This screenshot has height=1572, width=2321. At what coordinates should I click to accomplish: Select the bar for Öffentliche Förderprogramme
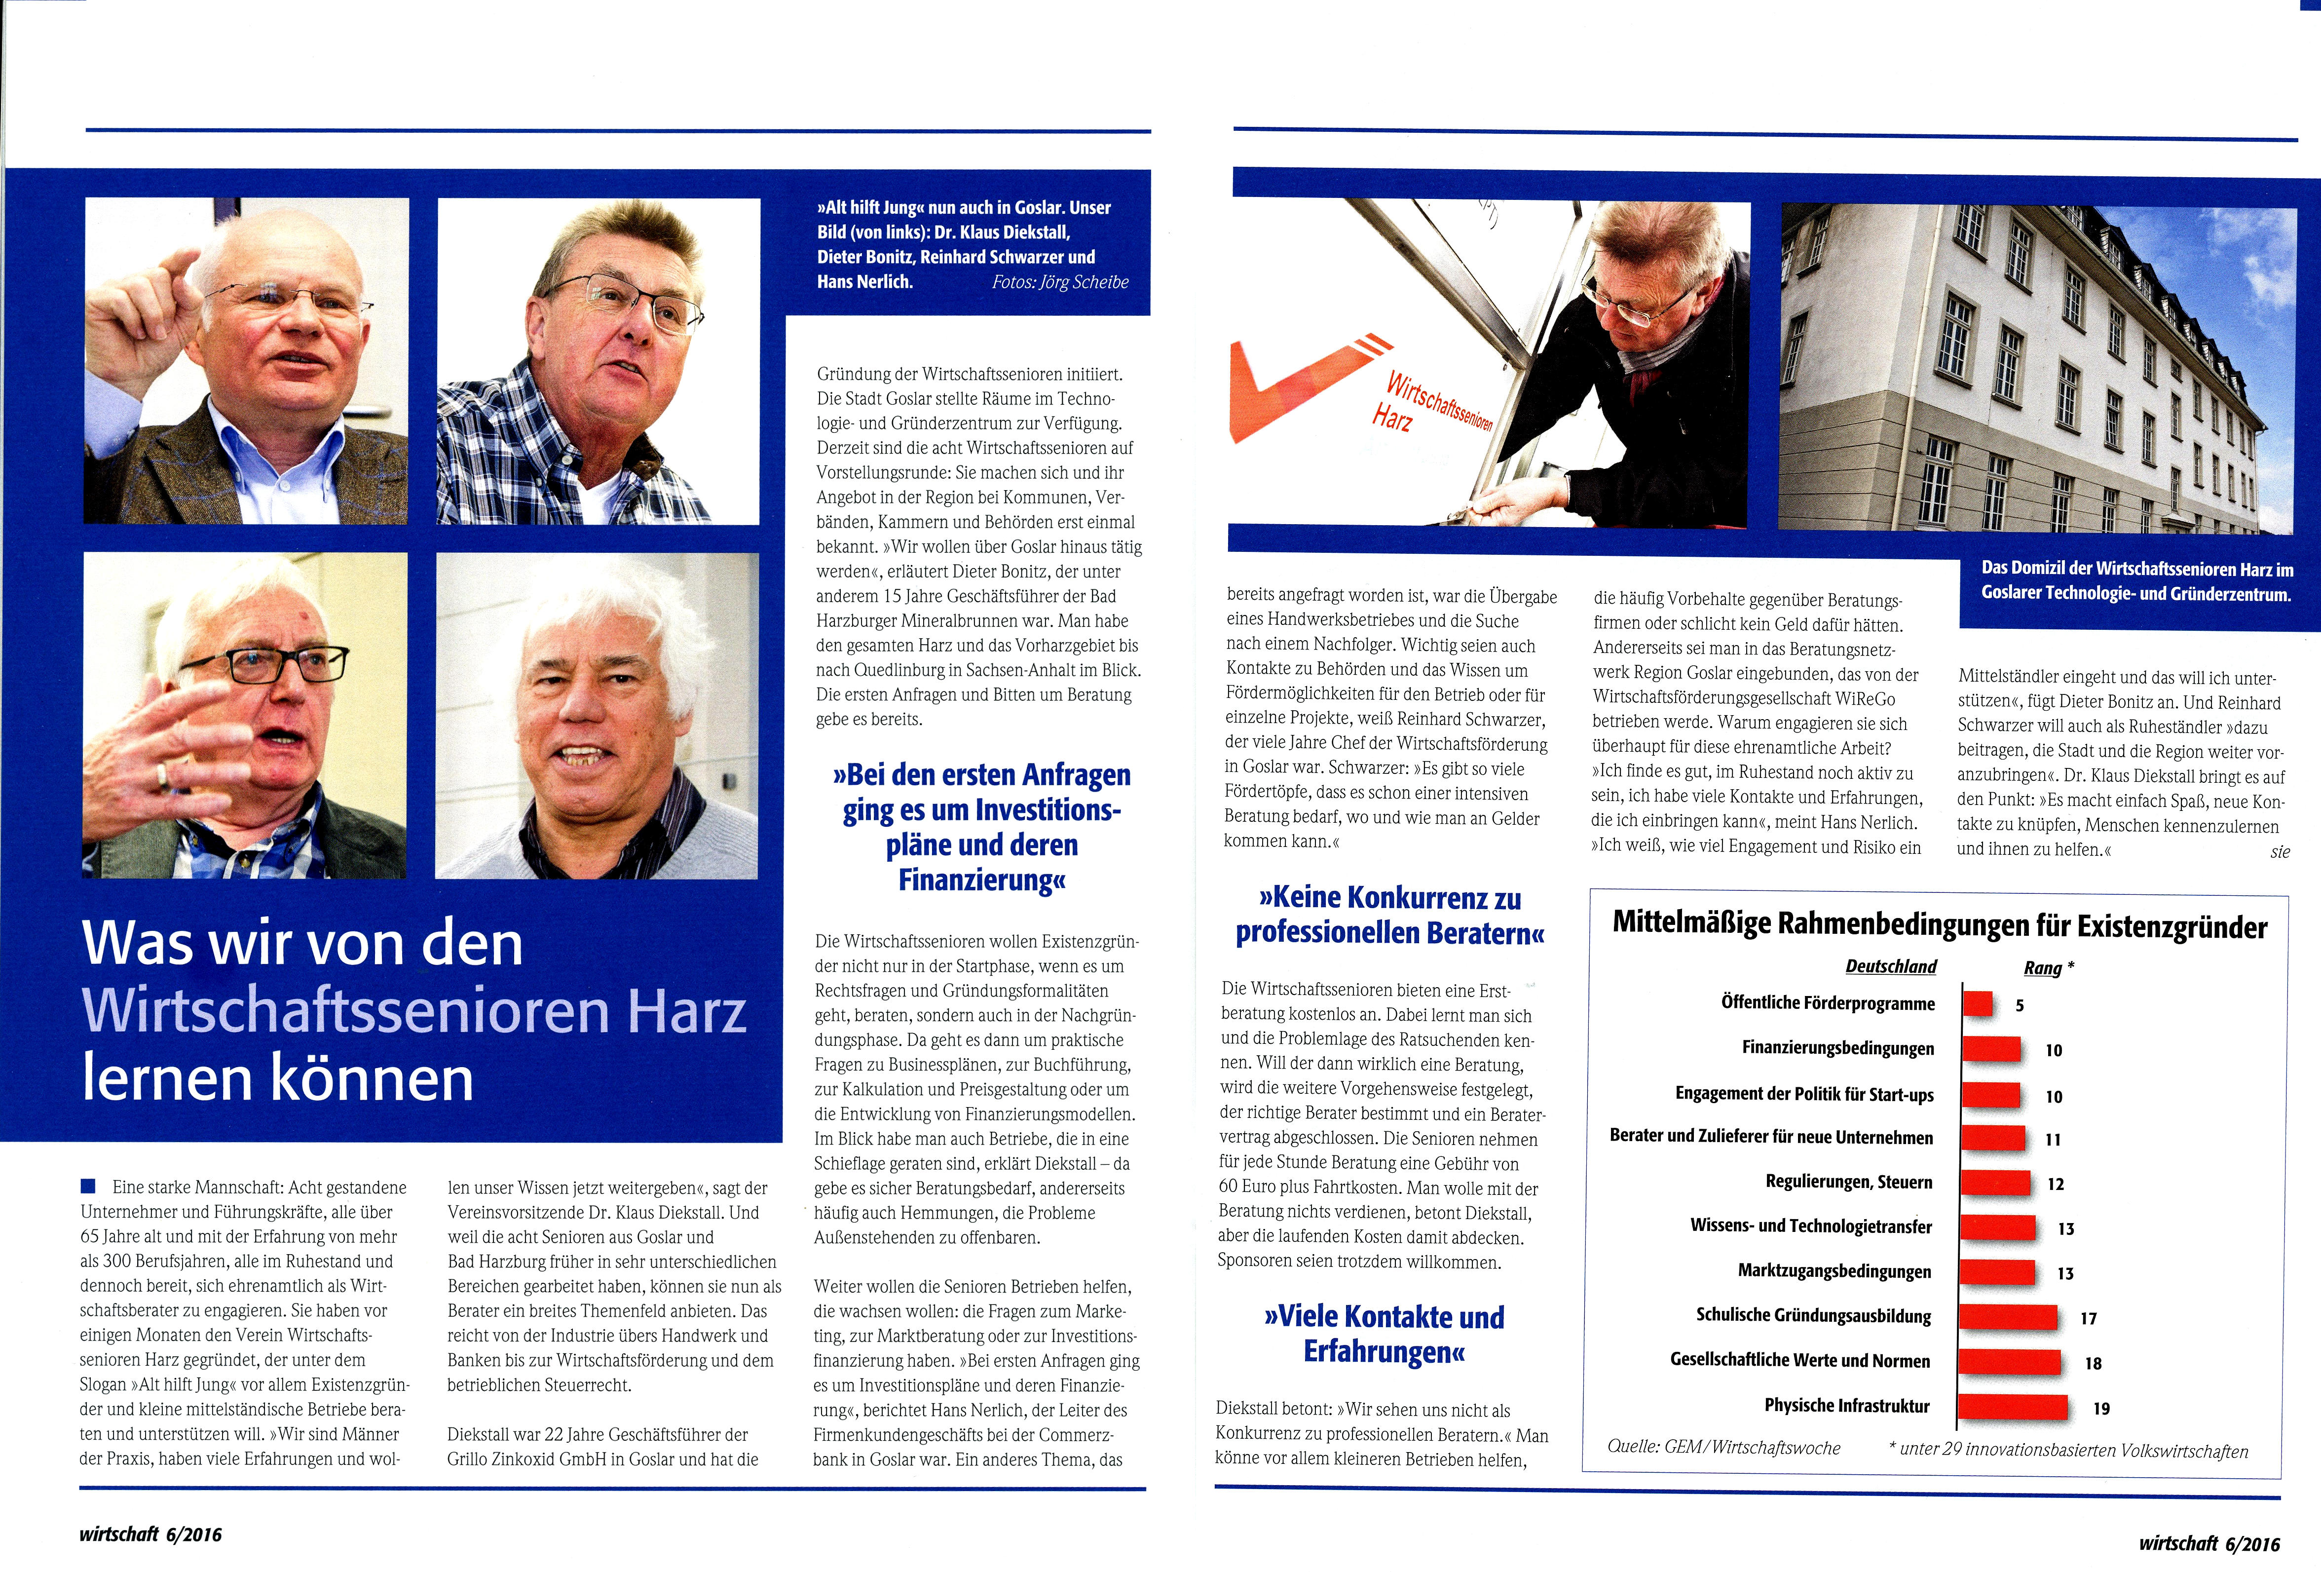pos(1978,1003)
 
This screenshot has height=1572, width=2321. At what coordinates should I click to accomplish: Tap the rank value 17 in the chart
pos(2088,1318)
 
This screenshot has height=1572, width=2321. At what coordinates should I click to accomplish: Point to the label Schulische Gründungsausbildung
pos(1813,1315)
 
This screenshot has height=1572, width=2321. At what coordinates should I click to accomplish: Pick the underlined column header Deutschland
pos(1891,967)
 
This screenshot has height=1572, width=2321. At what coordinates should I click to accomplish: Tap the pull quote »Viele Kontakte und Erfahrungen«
pos(1384,1333)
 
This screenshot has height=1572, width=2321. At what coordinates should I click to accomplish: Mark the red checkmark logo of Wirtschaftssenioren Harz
pos(1298,384)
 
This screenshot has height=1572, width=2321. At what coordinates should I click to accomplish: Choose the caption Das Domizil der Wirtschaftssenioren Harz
pos(2136,581)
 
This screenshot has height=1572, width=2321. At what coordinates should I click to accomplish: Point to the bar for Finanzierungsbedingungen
pos(1990,1049)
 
